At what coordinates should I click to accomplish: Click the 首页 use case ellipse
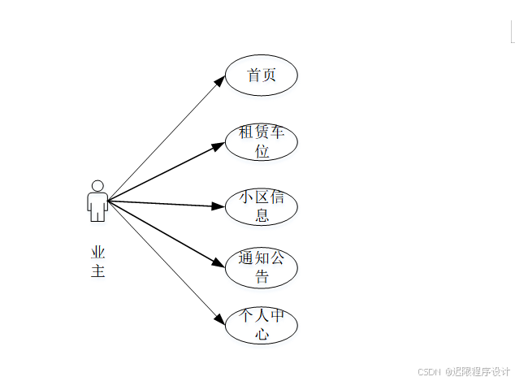[x=261, y=76]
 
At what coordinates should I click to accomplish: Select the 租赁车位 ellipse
[x=261, y=141]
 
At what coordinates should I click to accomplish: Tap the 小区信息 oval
[x=261, y=206]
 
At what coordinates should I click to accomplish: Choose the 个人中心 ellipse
[x=261, y=326]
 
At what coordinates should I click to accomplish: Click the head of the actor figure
[x=97, y=185]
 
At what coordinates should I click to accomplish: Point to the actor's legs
[x=97, y=213]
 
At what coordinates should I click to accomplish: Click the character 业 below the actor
[x=98, y=252]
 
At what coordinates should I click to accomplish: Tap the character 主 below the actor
[x=98, y=271]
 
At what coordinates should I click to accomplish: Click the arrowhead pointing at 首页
[x=219, y=80]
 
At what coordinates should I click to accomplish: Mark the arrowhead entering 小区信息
[x=217, y=206]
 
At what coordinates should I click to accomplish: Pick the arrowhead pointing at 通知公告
[x=218, y=263]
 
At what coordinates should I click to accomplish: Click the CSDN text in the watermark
[x=428, y=371]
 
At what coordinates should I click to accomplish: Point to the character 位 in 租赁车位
[x=262, y=150]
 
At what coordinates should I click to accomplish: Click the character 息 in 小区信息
[x=262, y=215]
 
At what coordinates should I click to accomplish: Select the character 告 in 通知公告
[x=262, y=278]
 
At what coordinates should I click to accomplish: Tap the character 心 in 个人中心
[x=262, y=334]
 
